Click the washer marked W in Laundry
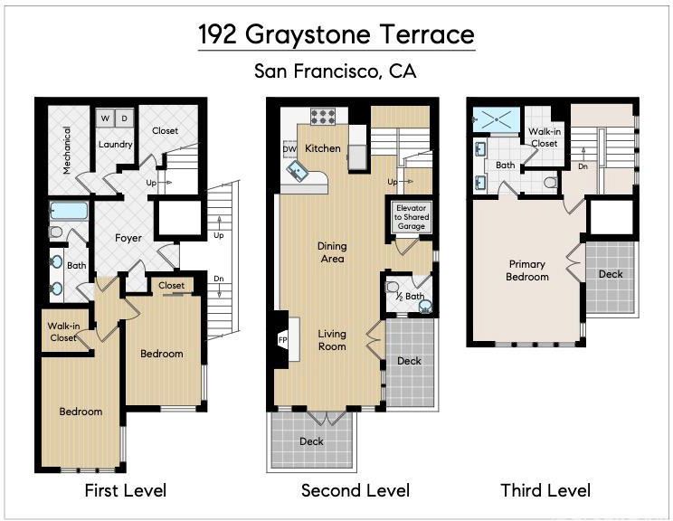pos(105,118)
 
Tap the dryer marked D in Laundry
pos(125,118)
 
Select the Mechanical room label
pos(67,150)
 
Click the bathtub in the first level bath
pos(69,211)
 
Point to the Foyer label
pos(128,238)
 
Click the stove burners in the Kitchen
pos(323,116)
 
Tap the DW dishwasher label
pos(289,149)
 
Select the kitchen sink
pos(296,171)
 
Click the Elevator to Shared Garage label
pos(412,217)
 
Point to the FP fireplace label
pos(282,340)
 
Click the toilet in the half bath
pos(393,286)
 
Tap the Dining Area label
pos(332,252)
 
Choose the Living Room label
pos(332,340)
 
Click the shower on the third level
pos(497,118)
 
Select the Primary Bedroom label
pos(527,270)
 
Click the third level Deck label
pos(611,274)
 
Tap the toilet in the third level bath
pos(551,183)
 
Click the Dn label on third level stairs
pos(583,166)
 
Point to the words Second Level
pos(355,490)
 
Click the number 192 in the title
pos(217,34)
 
